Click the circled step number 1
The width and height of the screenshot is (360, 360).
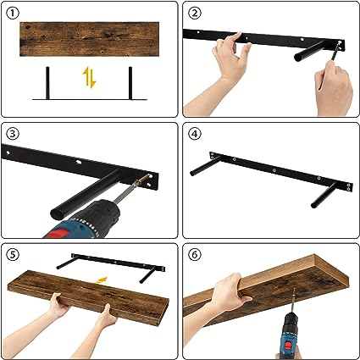13,14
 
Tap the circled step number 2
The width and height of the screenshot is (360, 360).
195,13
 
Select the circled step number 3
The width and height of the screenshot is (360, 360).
13,134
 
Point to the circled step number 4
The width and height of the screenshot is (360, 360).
195,134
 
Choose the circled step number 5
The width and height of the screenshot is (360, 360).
13,255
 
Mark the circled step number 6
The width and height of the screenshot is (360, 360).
195,255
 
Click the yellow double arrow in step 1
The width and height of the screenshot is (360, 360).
89,77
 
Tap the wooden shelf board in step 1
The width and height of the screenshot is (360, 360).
89,39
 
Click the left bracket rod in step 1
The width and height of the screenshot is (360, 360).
47,83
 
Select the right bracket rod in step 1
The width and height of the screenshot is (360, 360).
130,83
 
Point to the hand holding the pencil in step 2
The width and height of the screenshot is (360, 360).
333,87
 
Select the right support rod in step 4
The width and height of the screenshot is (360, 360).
324,195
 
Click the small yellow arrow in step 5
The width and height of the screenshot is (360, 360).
102,280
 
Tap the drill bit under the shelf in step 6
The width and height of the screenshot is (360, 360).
293,302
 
